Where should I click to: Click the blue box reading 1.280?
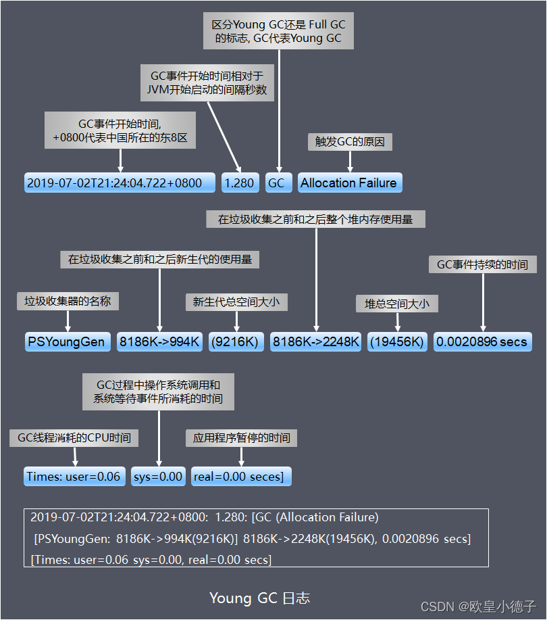click(x=239, y=183)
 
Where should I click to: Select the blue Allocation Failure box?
click(x=349, y=183)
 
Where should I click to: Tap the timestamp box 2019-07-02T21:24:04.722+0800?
click(x=114, y=183)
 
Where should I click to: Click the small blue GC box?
click(x=276, y=183)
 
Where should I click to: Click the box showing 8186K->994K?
click(x=160, y=341)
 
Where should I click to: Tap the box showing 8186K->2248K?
click(x=316, y=341)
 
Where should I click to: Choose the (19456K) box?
click(x=398, y=341)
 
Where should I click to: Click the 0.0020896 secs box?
click(x=482, y=341)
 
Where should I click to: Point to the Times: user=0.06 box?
click(x=74, y=476)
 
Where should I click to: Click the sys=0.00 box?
click(x=158, y=476)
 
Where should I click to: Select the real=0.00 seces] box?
click(x=241, y=476)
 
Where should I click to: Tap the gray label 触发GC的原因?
click(x=349, y=142)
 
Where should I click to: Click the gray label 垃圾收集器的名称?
click(x=68, y=301)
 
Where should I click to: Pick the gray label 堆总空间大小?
click(x=397, y=304)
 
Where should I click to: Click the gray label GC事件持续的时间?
click(x=482, y=264)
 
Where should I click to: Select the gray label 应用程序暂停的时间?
click(x=241, y=437)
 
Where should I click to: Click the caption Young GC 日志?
click(x=259, y=598)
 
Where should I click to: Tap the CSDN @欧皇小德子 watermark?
click(x=478, y=606)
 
